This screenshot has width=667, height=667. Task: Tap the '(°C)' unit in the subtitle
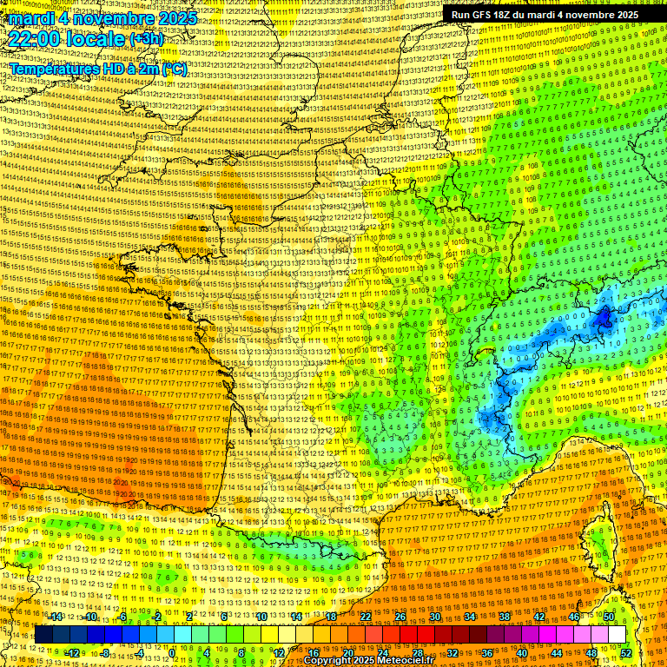(173, 69)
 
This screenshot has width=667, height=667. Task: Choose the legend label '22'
(366, 617)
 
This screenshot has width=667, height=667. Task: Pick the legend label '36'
(486, 652)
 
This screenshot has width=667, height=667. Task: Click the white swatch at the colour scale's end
(616, 635)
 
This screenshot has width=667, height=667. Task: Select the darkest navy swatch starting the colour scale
(43, 635)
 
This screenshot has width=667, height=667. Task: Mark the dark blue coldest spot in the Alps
(604, 320)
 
